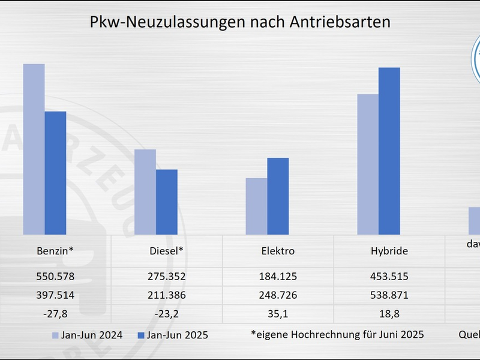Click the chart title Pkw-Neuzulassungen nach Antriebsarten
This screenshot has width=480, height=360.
(240, 22)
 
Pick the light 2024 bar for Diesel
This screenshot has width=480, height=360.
(145, 192)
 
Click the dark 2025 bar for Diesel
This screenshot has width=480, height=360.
(167, 202)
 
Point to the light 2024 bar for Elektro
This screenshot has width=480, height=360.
(256, 206)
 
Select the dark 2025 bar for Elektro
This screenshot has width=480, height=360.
(278, 196)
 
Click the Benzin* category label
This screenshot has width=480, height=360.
(55, 251)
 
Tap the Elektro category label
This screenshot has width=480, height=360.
(278, 251)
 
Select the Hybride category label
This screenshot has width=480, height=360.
(389, 251)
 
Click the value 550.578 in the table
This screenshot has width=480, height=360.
(55, 277)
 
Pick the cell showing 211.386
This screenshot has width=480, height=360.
(166, 295)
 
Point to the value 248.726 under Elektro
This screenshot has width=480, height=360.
(278, 295)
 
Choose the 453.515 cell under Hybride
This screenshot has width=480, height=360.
(389, 277)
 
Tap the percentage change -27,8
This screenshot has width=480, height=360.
(55, 313)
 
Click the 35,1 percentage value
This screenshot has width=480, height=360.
(278, 313)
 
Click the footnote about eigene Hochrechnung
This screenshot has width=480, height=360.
(337, 334)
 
